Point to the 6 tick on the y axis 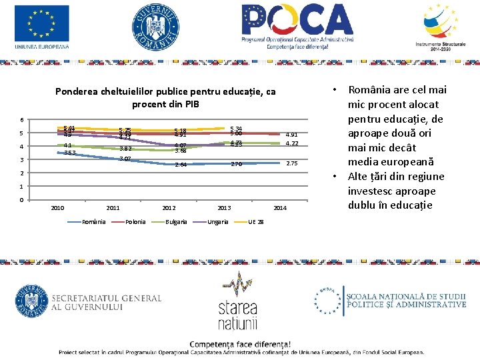pyautogui.click(x=22, y=120)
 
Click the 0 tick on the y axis pyautogui.click(x=22, y=200)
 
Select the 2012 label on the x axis pyautogui.click(x=169, y=209)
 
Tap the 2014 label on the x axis pyautogui.click(x=280, y=209)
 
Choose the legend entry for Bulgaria pyautogui.click(x=177, y=221)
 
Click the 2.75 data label pyautogui.click(x=291, y=164)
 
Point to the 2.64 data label pyautogui.click(x=180, y=165)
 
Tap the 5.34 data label pyautogui.click(x=235, y=128)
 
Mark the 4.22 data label pyautogui.click(x=291, y=143)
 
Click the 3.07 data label pyautogui.click(x=124, y=159)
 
